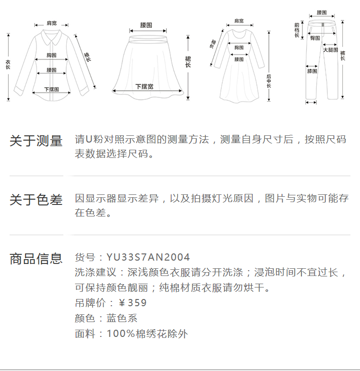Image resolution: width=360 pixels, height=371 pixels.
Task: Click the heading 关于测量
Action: (36, 141)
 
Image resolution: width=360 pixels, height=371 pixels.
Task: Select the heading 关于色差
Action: (36, 200)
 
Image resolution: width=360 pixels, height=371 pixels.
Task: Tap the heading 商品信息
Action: (36, 259)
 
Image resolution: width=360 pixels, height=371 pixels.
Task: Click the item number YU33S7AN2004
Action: (148, 257)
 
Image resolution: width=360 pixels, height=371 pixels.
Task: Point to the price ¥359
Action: (132, 303)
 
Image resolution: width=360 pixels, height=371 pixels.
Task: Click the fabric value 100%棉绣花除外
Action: (147, 334)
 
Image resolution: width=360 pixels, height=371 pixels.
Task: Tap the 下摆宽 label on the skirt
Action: (144, 86)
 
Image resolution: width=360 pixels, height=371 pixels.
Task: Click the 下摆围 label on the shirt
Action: (51, 89)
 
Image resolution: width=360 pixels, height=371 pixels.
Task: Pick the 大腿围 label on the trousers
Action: (330, 50)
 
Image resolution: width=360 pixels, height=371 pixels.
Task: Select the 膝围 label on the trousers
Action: (312, 71)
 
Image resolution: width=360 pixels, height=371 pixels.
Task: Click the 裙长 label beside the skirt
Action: (188, 62)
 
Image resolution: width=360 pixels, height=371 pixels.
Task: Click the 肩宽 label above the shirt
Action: (51, 23)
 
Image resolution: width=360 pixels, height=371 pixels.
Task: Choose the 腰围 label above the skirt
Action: (146, 24)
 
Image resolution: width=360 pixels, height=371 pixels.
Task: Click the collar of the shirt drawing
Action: (50, 36)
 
